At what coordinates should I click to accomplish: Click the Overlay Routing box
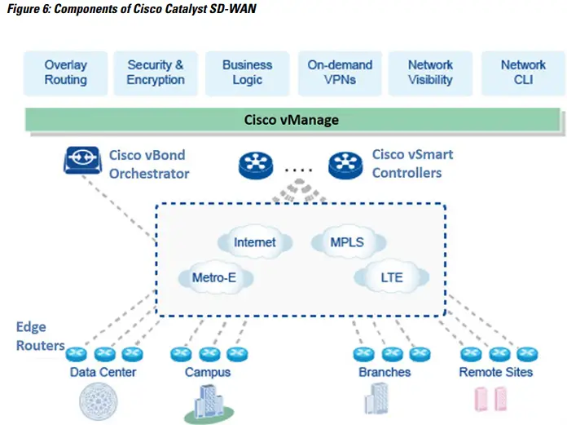point(65,73)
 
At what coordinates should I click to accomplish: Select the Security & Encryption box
point(155,73)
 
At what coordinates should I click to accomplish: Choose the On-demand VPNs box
point(340,73)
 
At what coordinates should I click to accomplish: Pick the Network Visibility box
point(429,73)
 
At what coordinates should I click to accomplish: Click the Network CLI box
point(523,73)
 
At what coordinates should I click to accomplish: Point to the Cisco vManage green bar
point(292,120)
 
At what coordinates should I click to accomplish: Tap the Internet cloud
point(254,242)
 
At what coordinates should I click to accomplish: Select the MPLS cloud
point(346,242)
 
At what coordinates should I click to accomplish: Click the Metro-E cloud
point(213,277)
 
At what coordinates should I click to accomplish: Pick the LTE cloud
point(390,277)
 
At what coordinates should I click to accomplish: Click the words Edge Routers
point(39,336)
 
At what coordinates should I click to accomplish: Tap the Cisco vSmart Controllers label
point(412,163)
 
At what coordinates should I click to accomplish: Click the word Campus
point(207,372)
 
